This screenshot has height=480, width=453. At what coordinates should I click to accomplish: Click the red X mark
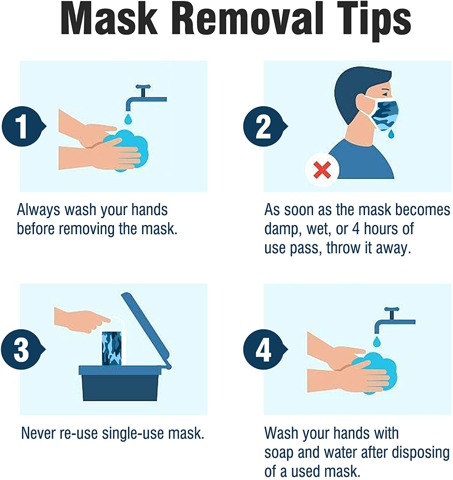pos(322,170)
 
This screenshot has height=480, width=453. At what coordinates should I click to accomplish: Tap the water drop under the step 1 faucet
pos(128,119)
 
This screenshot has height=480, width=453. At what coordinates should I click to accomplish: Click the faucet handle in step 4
pos(392,309)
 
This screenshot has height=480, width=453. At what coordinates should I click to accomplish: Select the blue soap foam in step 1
pos(128,150)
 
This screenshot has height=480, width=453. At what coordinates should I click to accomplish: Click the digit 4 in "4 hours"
pos(356,228)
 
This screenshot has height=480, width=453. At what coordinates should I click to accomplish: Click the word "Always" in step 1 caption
pos(38,210)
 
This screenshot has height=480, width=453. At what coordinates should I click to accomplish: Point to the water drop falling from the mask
pos(391,134)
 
